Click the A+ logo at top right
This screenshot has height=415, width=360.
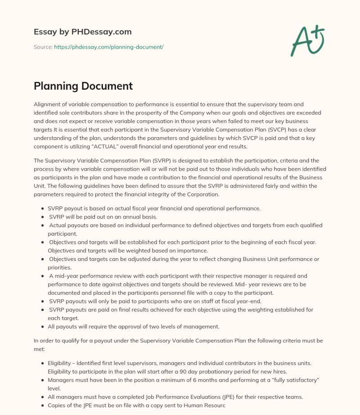308,40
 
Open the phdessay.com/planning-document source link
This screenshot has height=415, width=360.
108,46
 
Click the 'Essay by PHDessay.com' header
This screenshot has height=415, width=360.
82,32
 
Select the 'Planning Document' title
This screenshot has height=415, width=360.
83,86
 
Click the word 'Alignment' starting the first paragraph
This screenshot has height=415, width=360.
49,104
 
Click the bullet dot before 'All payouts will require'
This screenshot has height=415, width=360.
42,327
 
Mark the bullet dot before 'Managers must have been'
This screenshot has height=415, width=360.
42,379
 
